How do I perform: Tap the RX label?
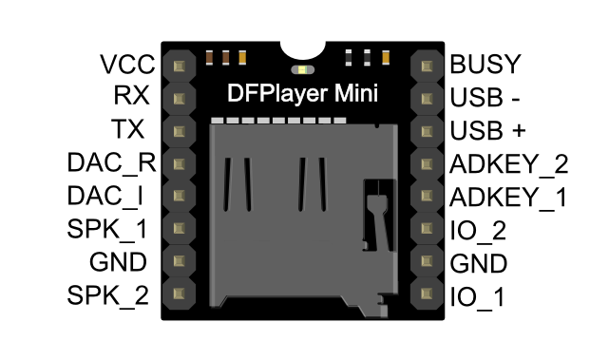[x=130, y=97]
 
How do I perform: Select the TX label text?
[x=130, y=129]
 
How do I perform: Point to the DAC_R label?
[x=110, y=162]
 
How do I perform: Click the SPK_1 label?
[x=108, y=229]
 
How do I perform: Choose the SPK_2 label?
[x=108, y=295]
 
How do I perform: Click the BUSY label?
[x=485, y=65]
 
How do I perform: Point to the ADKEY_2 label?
[x=509, y=163]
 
